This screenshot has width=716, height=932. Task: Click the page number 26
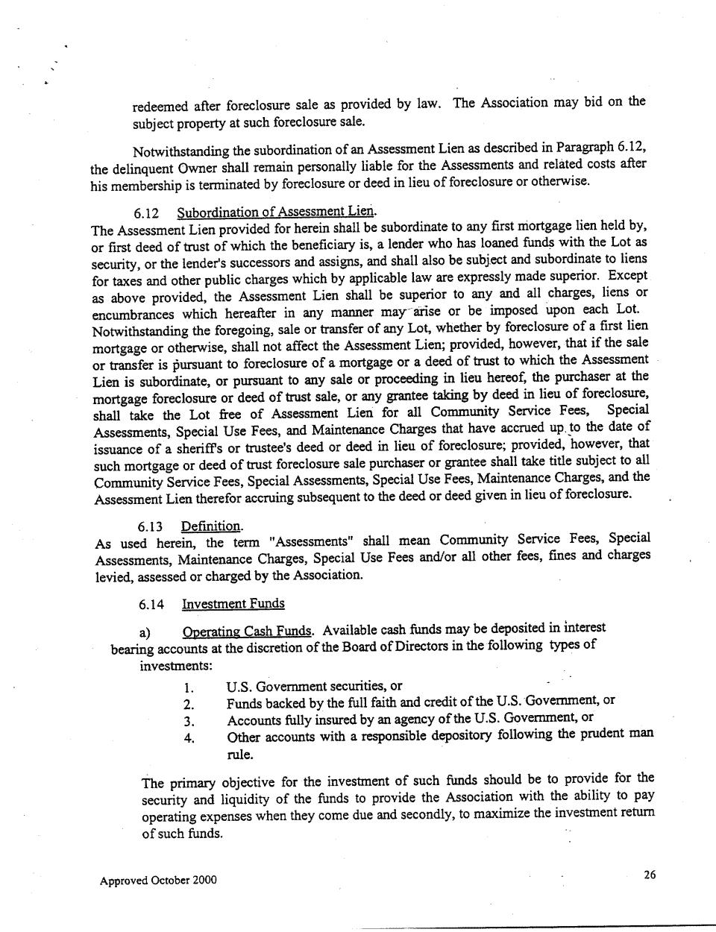tap(650, 875)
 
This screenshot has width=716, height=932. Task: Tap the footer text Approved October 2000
tap(158, 880)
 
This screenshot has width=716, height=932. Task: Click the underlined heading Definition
tap(212, 526)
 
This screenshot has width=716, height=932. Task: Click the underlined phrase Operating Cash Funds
tap(248, 632)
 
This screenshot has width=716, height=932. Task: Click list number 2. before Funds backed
tap(189, 705)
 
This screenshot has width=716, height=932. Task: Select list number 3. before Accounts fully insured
tap(189, 722)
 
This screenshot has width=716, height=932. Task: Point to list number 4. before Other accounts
tap(189, 739)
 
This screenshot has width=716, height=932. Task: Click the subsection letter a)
tap(146, 633)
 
